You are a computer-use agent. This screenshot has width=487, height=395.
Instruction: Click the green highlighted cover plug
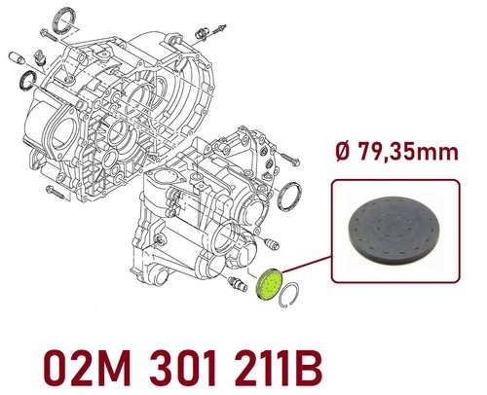click(x=269, y=285)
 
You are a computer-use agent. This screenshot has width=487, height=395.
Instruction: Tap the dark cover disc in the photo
click(x=395, y=229)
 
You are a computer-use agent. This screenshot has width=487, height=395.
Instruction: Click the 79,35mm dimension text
click(x=407, y=152)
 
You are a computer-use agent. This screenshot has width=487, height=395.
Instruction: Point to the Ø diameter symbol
click(x=344, y=152)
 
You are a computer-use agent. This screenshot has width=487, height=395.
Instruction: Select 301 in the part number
click(x=183, y=369)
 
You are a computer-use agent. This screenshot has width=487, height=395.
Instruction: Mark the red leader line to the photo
click(x=307, y=264)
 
